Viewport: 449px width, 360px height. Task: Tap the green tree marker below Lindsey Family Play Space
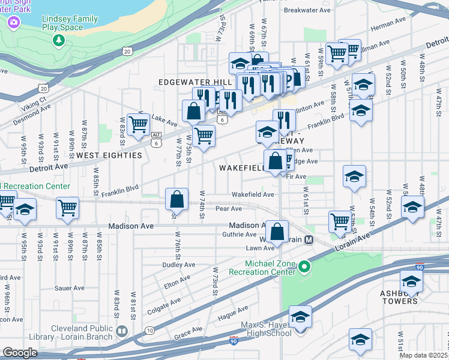coord(59,40)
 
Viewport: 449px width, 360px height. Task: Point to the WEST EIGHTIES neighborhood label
coord(109,155)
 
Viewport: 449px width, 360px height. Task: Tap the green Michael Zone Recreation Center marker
coord(305,266)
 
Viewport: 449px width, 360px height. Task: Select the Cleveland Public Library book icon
coord(122,331)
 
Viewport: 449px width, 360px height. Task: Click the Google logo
coord(20,353)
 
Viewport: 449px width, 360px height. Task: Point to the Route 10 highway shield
coord(149,331)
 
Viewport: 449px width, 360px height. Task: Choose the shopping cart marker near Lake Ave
coord(139,125)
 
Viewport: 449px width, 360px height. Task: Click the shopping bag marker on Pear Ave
coord(177,199)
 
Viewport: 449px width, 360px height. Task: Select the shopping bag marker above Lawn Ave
coord(277,232)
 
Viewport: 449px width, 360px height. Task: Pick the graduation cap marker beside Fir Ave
coord(354,177)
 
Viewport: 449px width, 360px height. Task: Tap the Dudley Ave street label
coord(179,265)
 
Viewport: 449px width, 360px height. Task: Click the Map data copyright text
coord(424,355)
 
